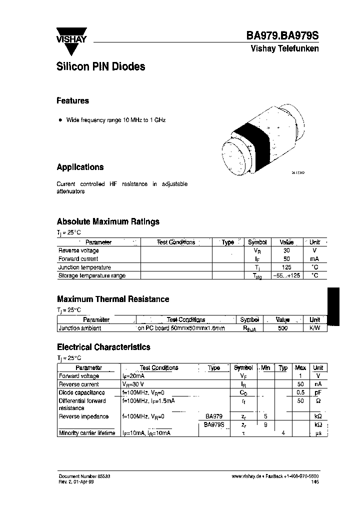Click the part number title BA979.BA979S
pos(282,36)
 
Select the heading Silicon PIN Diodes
pos(101,66)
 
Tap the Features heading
pos(72,100)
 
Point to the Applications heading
pos(80,167)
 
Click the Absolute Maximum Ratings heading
pos(108,221)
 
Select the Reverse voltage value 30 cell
pos(286,250)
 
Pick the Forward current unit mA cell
pos(314,259)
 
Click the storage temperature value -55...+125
pos(286,275)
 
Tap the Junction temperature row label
pos(84,267)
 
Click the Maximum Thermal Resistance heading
pos(113,299)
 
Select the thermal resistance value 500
pos(282,328)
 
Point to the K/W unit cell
pos(314,328)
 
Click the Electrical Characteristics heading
pos(103,346)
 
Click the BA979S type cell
pos(214,424)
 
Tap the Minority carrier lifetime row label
pos(87,433)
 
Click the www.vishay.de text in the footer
pos(246,477)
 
